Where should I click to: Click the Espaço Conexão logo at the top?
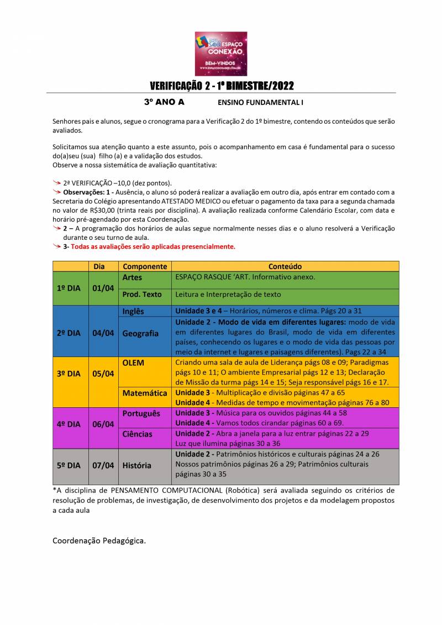point(221,53)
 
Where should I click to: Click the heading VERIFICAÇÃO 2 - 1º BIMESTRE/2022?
point(222,86)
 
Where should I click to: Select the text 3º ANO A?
point(164,102)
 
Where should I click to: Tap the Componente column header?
point(145,266)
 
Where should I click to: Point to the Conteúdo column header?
point(285,266)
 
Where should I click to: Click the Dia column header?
point(99,266)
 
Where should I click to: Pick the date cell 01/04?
point(103,288)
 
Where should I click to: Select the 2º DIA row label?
point(69,333)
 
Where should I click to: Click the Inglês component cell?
point(133,311)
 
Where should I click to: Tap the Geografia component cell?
point(140,333)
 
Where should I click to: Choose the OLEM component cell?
point(133,363)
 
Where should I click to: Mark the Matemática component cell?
point(145,393)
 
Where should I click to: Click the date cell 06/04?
point(103,424)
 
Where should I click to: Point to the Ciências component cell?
point(137,434)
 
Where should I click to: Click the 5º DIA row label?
point(69,465)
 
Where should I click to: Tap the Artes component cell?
point(132,277)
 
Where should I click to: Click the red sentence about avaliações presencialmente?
point(152,246)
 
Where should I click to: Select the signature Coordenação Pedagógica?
point(99,540)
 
